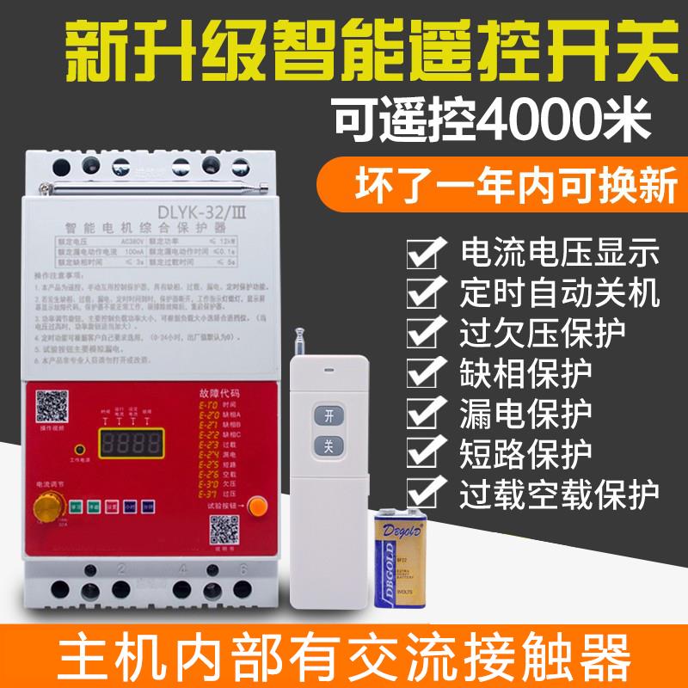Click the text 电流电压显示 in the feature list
tap(560, 254)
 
